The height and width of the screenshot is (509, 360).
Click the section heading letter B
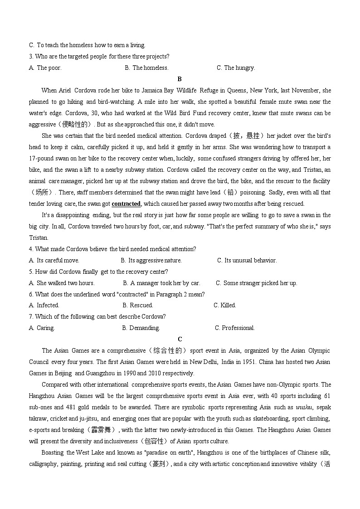coord(180,79)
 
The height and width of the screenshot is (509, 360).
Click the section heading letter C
coord(180,339)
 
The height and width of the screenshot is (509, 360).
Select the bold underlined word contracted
coord(126,204)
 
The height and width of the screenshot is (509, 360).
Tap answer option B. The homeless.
coord(146,68)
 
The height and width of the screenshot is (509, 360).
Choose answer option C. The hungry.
coord(236,68)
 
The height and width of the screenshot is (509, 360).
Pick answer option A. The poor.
coord(45,68)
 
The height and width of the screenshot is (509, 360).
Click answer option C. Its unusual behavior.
coord(247,260)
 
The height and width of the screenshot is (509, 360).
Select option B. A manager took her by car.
coord(161,283)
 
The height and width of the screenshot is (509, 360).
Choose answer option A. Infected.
coord(44,305)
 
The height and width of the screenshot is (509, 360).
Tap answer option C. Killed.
coord(225,305)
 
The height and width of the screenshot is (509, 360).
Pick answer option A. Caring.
coord(42,328)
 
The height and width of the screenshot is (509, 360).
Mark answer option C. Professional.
coord(235,328)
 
